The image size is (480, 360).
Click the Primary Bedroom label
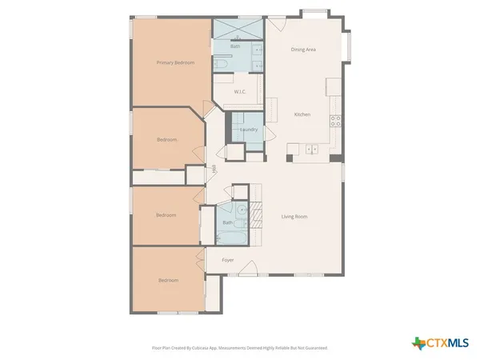click(175, 62)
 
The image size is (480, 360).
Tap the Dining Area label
click(303, 50)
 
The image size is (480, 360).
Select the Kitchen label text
click(302, 115)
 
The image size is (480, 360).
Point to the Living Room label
click(294, 217)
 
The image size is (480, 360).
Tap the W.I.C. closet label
click(238, 92)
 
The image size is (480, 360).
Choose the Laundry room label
click(248, 130)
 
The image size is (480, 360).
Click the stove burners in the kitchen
click(336, 121)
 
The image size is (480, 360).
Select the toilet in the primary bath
click(219, 63)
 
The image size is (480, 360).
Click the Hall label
click(214, 169)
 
